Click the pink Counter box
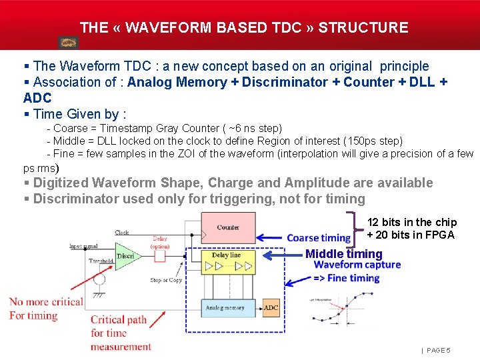(x=227, y=228)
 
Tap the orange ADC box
(x=271, y=308)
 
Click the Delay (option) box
(x=160, y=242)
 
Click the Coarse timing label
(x=319, y=238)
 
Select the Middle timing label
(x=343, y=253)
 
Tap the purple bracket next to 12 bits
(x=354, y=227)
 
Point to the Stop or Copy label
(x=166, y=280)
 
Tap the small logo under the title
(x=69, y=43)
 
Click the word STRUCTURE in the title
(x=363, y=28)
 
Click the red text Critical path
(x=119, y=319)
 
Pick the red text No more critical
(x=46, y=302)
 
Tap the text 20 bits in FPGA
(x=411, y=235)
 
